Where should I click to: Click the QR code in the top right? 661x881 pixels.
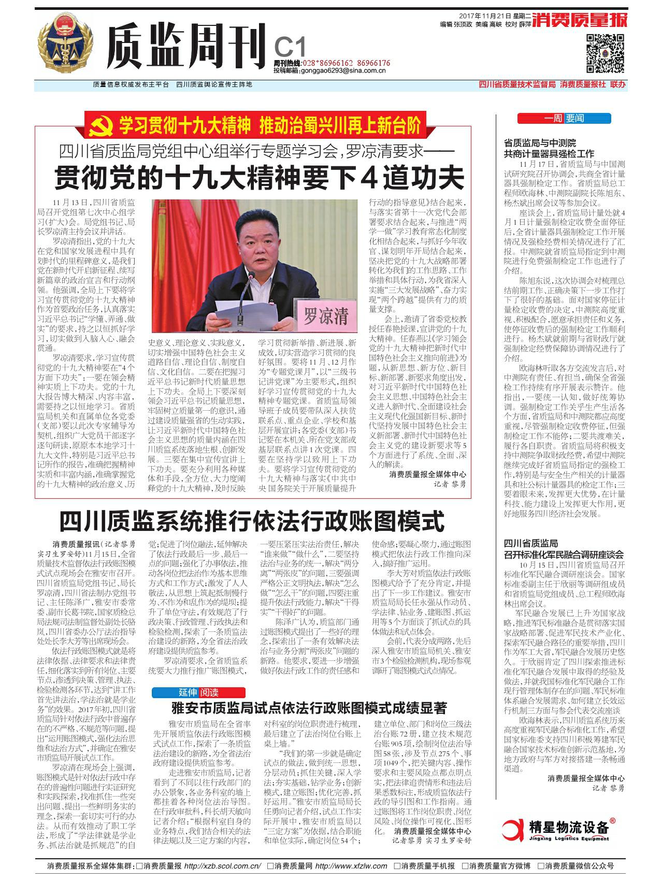[x=606, y=53]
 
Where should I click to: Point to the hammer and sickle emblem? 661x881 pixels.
[x=99, y=126]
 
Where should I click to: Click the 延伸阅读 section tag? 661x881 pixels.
[x=198, y=692]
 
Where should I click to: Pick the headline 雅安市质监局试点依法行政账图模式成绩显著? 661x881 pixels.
[x=309, y=708]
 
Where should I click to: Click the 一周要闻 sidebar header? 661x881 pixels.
[x=565, y=118]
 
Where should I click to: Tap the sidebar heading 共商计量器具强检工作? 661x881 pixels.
[x=549, y=154]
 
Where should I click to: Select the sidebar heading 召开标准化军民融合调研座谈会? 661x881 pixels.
[x=564, y=554]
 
